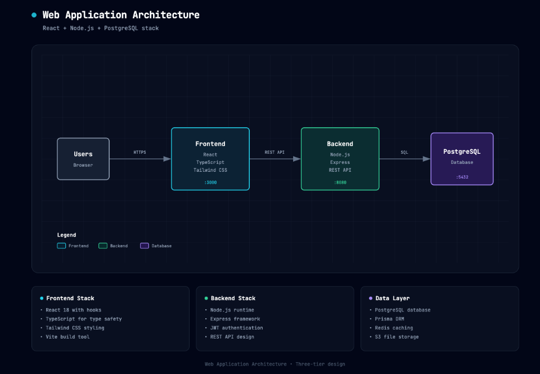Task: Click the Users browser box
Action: pos(83,159)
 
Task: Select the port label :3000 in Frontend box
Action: pos(210,182)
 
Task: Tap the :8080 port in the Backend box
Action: pos(340,182)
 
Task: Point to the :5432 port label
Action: pos(462,177)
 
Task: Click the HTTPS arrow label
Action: pos(140,152)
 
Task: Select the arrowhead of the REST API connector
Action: pos(296,159)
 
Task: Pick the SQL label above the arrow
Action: pos(404,152)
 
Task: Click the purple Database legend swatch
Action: pos(145,246)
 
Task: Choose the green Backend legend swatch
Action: pos(103,246)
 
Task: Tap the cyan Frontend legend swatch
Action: pos(61,246)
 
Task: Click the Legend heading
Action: pos(66,235)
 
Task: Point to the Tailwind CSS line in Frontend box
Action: pos(210,170)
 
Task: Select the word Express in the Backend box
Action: pos(340,162)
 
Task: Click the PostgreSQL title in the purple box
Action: pos(462,152)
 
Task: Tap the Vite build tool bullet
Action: pos(67,337)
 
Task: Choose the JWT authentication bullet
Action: pos(237,328)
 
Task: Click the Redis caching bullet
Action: pos(394,328)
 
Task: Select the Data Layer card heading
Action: pos(393,298)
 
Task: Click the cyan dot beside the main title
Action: pos(34,15)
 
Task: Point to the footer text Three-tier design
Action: pos(320,364)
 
